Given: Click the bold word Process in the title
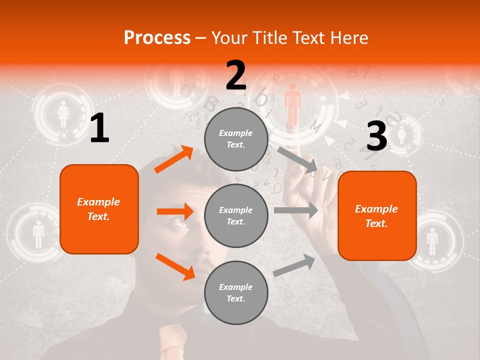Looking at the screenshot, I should point(157,37).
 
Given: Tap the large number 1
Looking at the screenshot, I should point(99,128).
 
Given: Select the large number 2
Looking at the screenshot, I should point(236,75).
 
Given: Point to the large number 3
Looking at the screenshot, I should point(376,136).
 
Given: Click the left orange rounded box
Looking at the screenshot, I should point(99,209).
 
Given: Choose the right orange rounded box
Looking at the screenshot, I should point(377,215).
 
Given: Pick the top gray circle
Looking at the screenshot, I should point(236,139).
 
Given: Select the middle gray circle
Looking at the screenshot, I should point(236,215).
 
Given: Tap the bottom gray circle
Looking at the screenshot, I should point(236,292).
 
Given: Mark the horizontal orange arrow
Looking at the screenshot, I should point(175,211).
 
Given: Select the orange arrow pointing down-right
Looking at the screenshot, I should point(175,266).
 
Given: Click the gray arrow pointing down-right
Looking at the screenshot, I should point(297,159).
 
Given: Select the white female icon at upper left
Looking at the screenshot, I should point(63,114).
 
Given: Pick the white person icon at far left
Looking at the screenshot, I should point(38,234).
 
